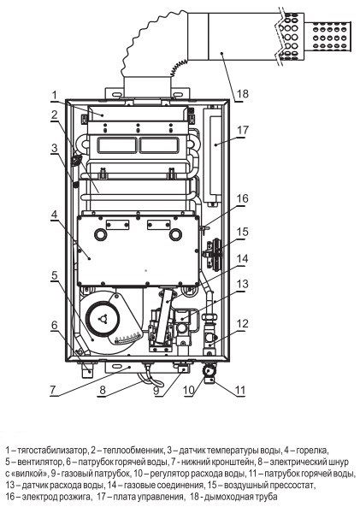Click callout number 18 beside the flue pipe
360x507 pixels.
coord(243,94)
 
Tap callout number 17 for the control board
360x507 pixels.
coord(243,130)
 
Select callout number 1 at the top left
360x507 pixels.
coord(55,96)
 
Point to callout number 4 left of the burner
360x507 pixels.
coord(55,214)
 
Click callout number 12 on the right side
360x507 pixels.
coord(242,323)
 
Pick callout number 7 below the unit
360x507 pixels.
coord(53,390)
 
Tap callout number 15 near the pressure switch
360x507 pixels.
coord(242,232)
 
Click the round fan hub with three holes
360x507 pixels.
coord(103,319)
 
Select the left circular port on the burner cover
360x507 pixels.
coord(100,234)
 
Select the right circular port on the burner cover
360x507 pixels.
coord(175,234)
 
